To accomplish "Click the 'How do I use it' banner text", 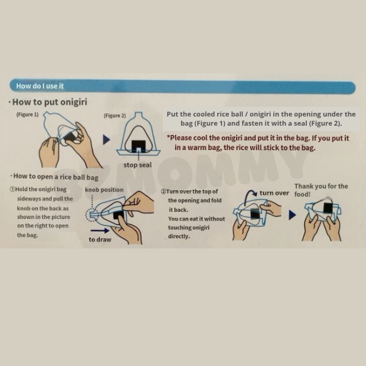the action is tap(40, 86).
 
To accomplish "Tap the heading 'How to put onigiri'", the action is tap(50, 102).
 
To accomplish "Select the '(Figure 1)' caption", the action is tap(27, 115).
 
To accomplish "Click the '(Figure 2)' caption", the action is tap(115, 116).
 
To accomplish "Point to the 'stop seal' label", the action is tap(137, 165).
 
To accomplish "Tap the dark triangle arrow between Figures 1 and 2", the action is tap(106, 140).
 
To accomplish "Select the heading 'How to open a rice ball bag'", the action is tap(56, 177).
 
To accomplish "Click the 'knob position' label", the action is tap(104, 190).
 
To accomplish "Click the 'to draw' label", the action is tap(100, 240).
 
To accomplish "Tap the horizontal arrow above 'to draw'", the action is tap(99, 231).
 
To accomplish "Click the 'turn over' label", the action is tap(274, 193).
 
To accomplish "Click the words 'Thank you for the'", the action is tap(321, 186).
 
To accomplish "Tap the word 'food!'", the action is tap(303, 194).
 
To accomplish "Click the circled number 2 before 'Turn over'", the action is tap(163, 192).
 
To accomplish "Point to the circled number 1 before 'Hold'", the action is tap(12, 189).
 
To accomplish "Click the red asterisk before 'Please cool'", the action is tap(168, 137).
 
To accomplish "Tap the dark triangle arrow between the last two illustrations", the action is tap(292, 215).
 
